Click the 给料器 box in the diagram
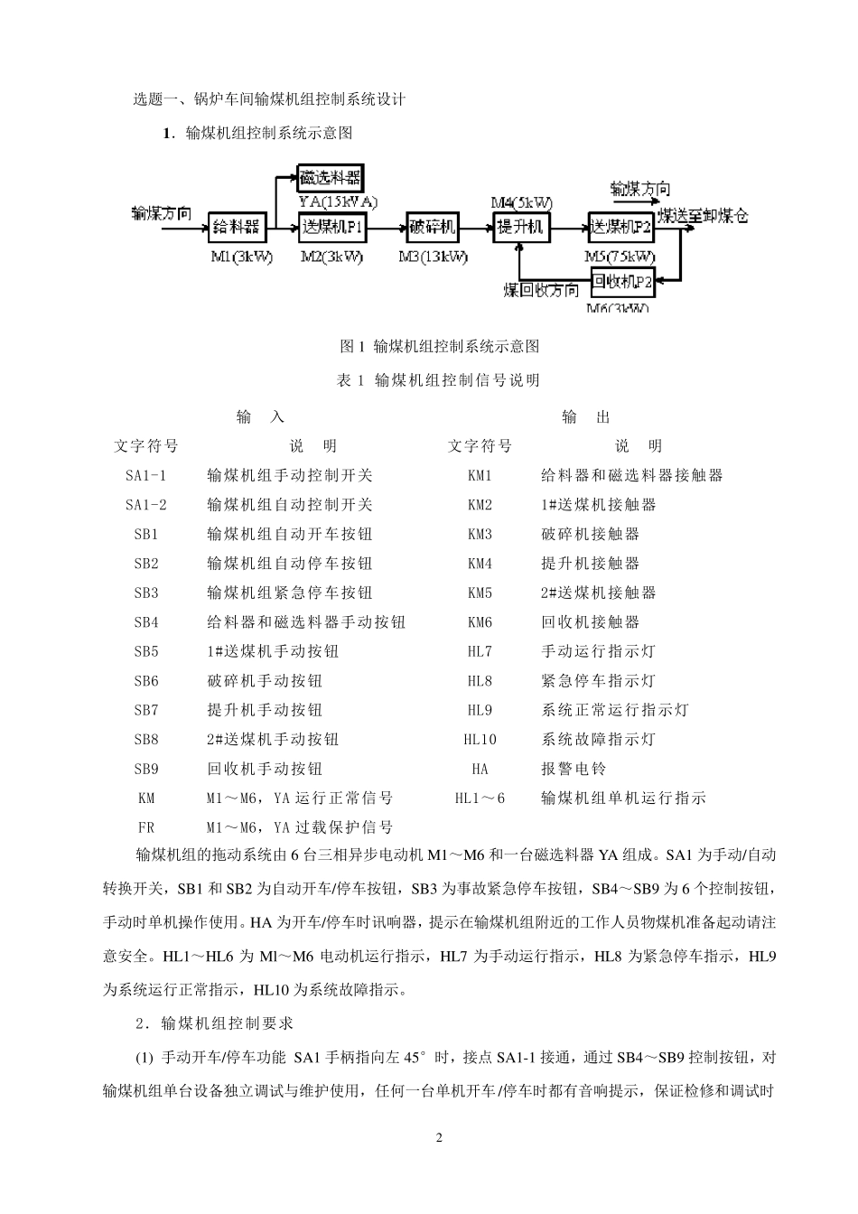236,227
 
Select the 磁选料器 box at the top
331,177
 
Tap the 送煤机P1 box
331,227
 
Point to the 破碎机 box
433,227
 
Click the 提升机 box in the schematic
520,227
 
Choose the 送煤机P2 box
620,227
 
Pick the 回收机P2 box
622,284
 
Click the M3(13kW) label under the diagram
434,257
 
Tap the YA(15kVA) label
338,201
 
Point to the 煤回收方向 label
541,290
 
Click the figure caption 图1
439,346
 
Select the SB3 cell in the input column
146,593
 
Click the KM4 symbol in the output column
480,564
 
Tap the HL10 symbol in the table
480,740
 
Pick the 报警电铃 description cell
574,769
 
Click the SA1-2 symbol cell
146,505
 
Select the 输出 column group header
586,416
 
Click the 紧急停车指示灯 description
598,681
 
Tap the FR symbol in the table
146,827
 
